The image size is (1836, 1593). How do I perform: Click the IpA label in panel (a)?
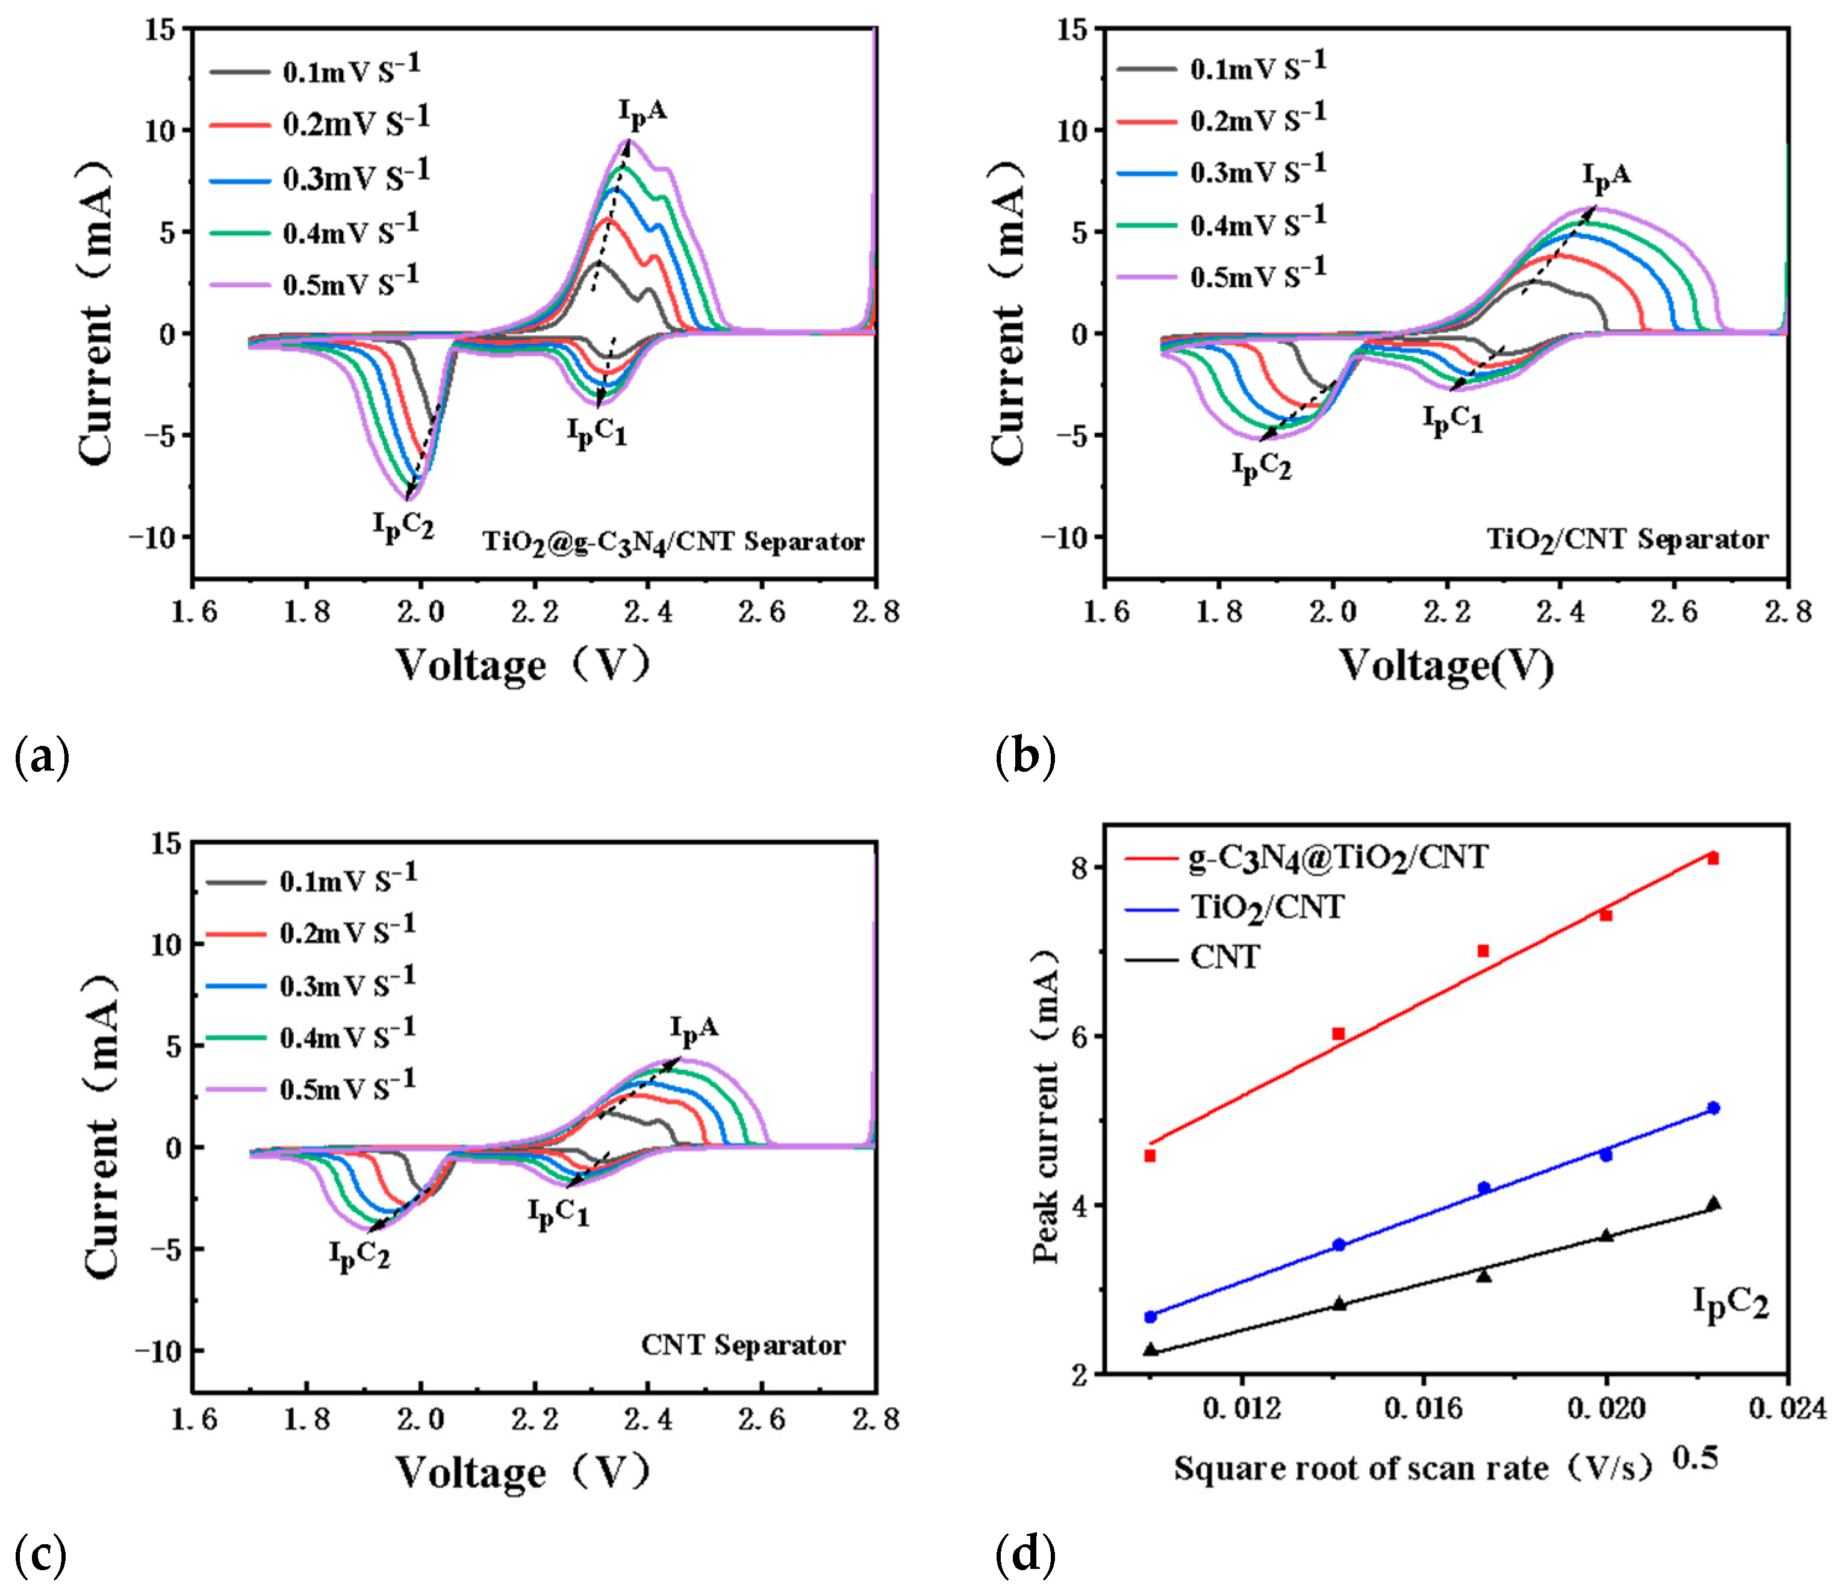pyautogui.click(x=642, y=113)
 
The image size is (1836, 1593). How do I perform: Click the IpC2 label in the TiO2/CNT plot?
pyautogui.click(x=1261, y=467)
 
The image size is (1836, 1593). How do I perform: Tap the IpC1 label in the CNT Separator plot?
pyautogui.click(x=558, y=1213)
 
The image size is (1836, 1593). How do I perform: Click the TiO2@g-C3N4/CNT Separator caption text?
pyautogui.click(x=673, y=542)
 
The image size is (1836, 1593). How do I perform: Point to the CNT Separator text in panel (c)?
pyautogui.click(x=742, y=1345)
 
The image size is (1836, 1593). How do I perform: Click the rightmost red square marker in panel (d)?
pyautogui.click(x=1713, y=859)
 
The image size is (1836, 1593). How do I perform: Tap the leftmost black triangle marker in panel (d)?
pyautogui.click(x=1151, y=1349)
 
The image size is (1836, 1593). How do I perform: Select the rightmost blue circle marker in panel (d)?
pyautogui.click(x=1713, y=1108)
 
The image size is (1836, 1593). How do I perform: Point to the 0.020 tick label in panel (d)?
pyautogui.click(x=1606, y=1409)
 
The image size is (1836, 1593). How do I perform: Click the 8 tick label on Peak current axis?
pyautogui.click(x=1079, y=868)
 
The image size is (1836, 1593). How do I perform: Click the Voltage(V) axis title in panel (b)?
pyautogui.click(x=1446, y=665)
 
